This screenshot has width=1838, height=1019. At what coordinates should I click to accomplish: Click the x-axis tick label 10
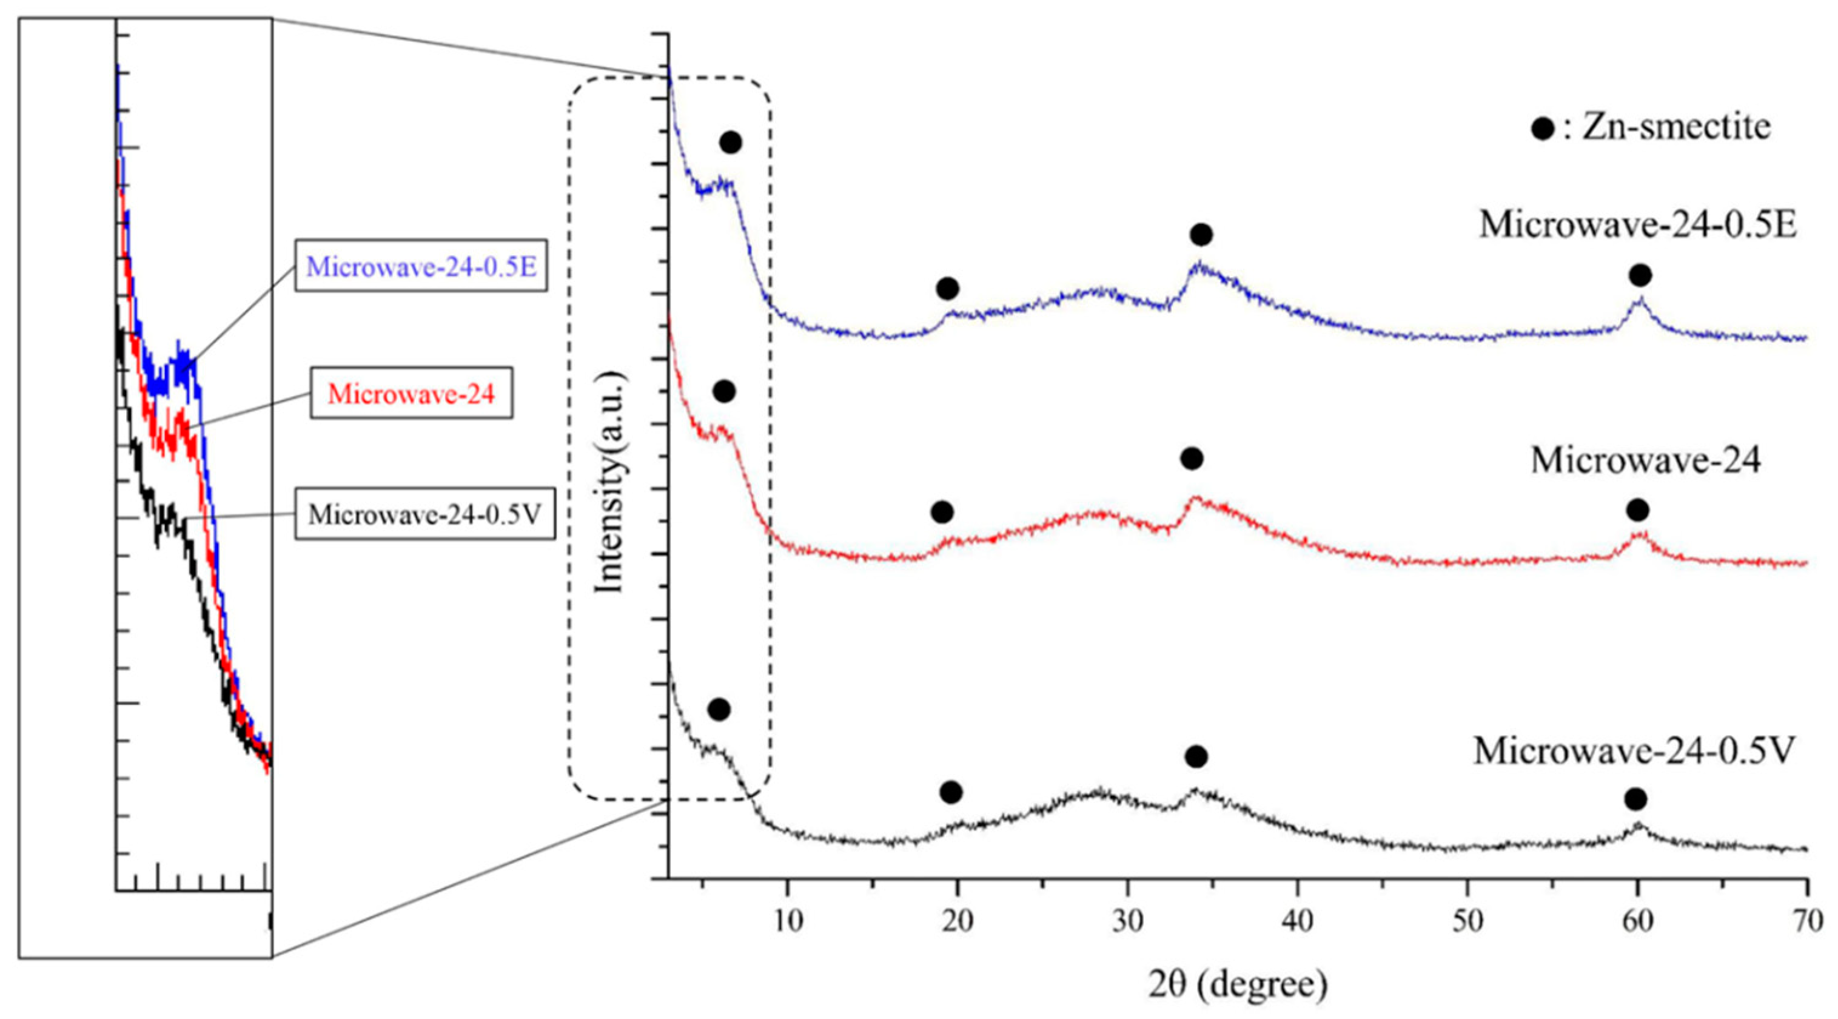787,921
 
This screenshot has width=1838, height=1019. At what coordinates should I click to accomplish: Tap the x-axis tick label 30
1127,921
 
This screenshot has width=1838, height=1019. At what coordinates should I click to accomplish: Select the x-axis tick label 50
1467,921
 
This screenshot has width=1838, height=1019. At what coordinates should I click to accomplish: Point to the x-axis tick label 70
1806,921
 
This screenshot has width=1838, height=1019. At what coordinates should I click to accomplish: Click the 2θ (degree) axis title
1238,986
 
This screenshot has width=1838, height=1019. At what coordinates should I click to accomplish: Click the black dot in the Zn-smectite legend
1543,129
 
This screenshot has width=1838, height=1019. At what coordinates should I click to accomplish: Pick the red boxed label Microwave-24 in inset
411,393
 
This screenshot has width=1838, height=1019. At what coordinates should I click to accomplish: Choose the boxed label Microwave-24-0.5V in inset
425,514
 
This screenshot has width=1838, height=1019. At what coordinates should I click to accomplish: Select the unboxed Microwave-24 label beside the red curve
1645,460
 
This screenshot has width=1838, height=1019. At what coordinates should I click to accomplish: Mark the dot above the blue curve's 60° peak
1640,275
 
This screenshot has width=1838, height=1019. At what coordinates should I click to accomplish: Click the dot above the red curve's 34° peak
1192,458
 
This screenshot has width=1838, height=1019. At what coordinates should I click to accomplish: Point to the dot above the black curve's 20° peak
950,792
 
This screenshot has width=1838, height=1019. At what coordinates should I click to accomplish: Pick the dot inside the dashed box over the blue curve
731,143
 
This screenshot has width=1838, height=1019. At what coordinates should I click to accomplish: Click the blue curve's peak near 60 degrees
1639,299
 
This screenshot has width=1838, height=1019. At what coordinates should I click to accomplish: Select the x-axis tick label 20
957,921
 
